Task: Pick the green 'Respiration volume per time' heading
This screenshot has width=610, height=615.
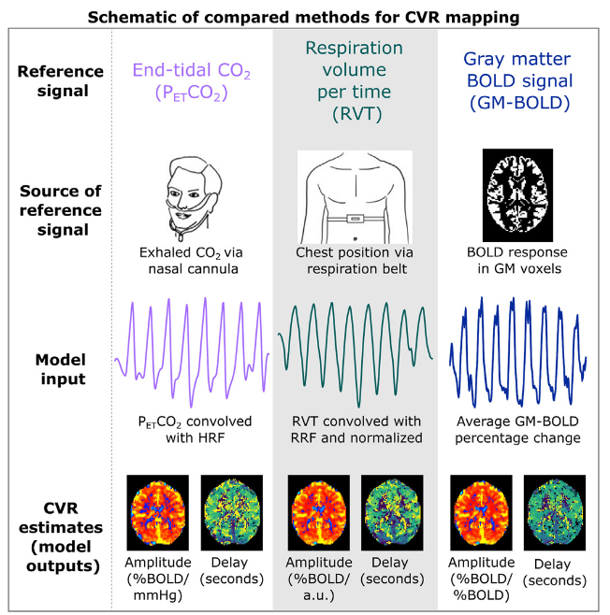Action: [356, 81]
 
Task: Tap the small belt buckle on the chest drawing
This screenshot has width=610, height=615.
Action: [355, 219]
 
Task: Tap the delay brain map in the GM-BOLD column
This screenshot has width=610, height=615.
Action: [552, 512]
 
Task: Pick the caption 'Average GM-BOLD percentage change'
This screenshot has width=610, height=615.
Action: [517, 428]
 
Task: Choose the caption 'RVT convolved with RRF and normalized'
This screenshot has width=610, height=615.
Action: [356, 428]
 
